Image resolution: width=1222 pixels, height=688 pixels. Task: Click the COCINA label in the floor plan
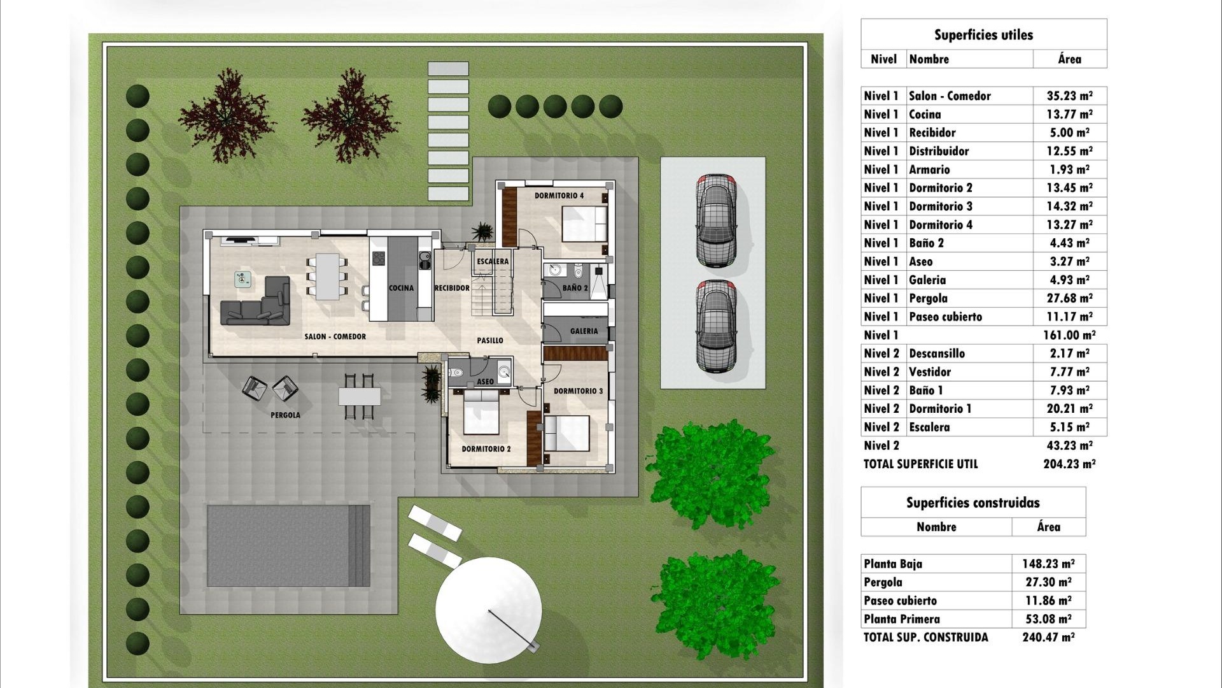[401, 288]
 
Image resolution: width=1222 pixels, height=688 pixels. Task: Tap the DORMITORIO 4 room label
[558, 196]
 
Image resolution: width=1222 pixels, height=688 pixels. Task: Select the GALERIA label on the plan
[584, 331]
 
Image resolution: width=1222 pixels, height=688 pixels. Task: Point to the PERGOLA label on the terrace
[285, 415]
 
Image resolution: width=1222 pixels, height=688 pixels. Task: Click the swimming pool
[288, 546]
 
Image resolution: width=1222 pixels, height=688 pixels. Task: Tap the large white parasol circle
[488, 610]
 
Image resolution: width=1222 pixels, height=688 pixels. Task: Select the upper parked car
[716, 220]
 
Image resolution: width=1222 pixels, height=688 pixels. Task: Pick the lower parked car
[716, 326]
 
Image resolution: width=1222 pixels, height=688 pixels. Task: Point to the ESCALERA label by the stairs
[493, 261]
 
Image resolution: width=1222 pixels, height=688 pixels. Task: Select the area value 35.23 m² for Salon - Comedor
[1069, 96]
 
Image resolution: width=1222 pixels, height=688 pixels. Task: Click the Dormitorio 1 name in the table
[940, 409]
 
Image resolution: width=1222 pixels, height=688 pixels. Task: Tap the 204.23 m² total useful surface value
[1069, 464]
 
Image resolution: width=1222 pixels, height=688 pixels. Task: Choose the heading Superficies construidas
[973, 503]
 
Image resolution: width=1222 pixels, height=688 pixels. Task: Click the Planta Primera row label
[901, 619]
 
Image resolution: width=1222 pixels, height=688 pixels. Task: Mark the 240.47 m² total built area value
[1048, 637]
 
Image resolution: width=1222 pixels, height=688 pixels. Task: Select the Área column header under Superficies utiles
[1069, 59]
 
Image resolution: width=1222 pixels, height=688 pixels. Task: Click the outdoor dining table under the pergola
[359, 396]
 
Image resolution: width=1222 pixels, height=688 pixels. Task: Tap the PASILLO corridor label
[490, 341]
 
